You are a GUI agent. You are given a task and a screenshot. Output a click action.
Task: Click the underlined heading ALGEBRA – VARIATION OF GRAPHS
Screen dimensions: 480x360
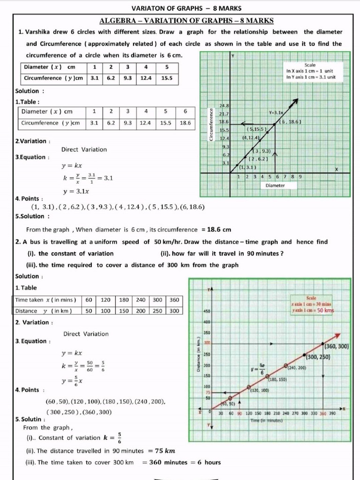click(x=187, y=21)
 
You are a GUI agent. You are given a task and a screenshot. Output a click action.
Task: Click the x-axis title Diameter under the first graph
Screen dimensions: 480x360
click(x=275, y=186)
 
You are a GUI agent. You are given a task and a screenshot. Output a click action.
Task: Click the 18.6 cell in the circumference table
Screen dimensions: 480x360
click(x=185, y=123)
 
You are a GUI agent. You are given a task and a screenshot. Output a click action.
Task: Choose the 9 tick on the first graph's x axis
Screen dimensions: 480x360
click(x=300, y=177)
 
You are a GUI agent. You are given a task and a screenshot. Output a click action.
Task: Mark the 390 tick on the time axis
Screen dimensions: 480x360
click(x=333, y=413)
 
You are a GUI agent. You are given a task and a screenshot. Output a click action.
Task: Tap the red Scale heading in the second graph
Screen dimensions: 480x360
click(x=311, y=298)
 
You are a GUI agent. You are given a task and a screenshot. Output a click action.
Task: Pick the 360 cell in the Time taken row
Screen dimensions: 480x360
click(x=174, y=300)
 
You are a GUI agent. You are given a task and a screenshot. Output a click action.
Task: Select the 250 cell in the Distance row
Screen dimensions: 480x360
click(x=157, y=311)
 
